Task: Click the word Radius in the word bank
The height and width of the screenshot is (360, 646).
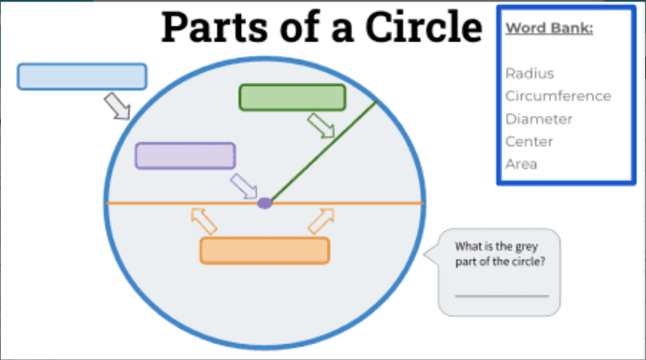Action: (x=529, y=74)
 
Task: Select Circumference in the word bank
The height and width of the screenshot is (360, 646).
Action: (x=558, y=96)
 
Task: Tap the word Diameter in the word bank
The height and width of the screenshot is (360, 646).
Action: (x=539, y=119)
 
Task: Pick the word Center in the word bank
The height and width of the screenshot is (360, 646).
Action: (x=529, y=142)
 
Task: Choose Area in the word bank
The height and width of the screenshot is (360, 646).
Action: (x=521, y=164)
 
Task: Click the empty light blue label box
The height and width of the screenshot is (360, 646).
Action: (x=82, y=77)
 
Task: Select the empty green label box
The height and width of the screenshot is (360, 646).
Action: (x=292, y=98)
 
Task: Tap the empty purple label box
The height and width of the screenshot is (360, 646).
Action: (x=185, y=155)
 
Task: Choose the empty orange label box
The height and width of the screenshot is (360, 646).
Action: (x=264, y=251)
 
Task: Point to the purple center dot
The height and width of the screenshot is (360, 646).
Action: (x=265, y=203)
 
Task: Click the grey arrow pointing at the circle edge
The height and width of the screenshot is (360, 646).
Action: (x=117, y=106)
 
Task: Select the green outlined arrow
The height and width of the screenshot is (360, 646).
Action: (x=321, y=125)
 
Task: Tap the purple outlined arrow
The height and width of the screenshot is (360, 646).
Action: (x=243, y=185)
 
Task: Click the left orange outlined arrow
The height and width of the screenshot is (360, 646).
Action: (x=203, y=221)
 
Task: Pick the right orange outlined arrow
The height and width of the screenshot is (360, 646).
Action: (x=321, y=220)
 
